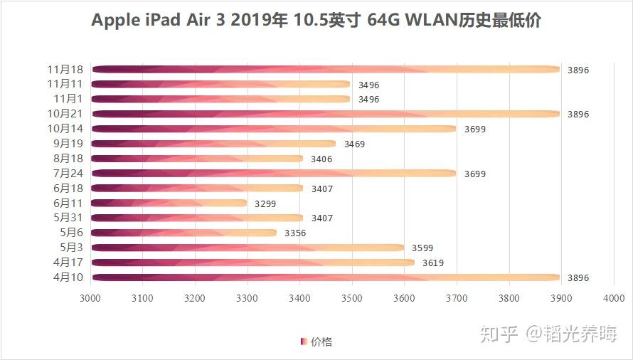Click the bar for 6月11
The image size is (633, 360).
[x=169, y=203]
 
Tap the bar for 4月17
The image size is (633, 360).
[x=253, y=263]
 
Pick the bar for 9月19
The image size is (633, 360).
[x=213, y=144]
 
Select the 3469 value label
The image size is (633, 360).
[x=354, y=144]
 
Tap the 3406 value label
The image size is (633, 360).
[x=321, y=159]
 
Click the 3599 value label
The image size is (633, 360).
[x=422, y=248]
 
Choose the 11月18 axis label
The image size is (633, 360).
[x=65, y=70]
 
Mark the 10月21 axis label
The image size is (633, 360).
[x=65, y=114]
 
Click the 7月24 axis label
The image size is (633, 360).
[x=69, y=174]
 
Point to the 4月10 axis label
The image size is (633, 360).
[x=69, y=277]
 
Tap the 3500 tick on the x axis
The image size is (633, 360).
[x=352, y=300]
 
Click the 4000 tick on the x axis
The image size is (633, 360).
[x=613, y=300]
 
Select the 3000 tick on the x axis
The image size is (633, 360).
[x=90, y=300]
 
